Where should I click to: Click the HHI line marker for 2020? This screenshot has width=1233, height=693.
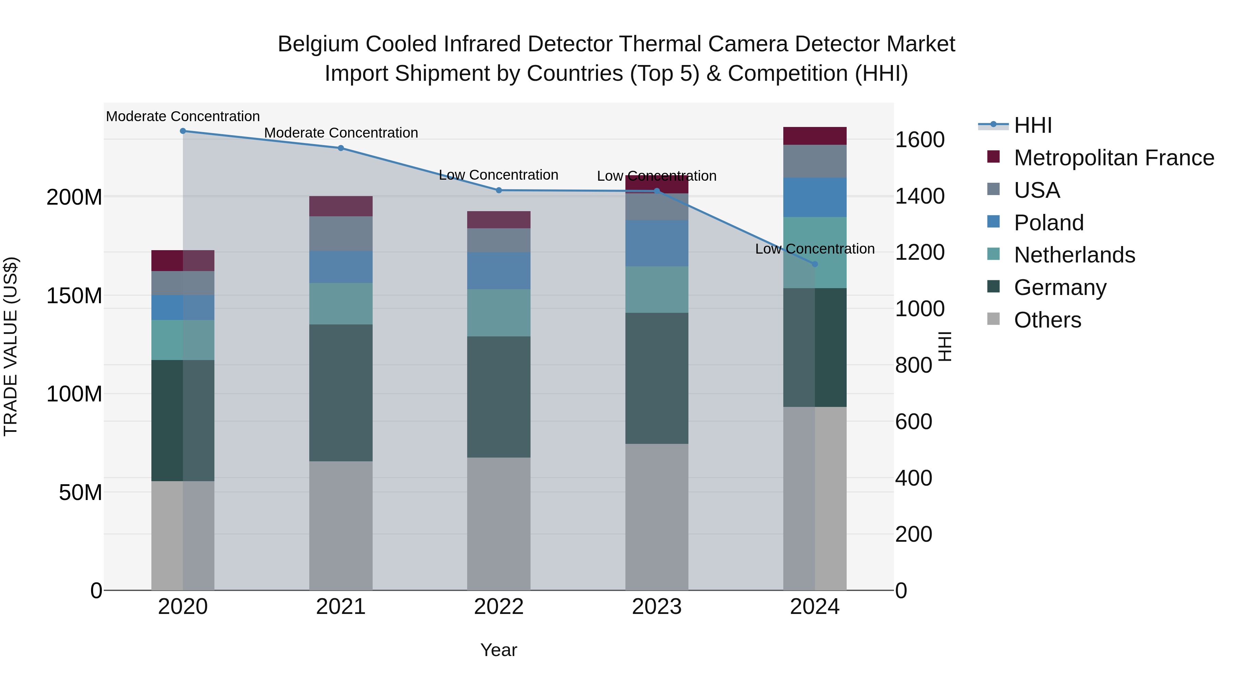click(183, 131)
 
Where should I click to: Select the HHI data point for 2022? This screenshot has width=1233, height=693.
click(499, 190)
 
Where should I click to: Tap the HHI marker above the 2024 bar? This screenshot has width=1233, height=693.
click(815, 264)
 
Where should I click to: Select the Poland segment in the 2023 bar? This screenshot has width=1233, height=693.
click(657, 243)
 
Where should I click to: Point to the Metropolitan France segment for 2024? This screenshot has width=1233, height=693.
click(815, 136)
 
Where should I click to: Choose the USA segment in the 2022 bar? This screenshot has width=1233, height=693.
click(499, 240)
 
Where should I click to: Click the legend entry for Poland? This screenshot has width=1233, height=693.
click(1048, 223)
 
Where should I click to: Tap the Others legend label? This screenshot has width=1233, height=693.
click(1047, 320)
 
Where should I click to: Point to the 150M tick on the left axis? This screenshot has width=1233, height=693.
click(74, 296)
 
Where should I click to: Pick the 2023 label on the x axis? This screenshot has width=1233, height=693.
click(657, 607)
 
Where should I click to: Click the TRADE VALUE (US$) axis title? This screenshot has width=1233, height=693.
click(11, 346)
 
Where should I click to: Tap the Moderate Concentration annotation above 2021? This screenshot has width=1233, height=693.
click(341, 133)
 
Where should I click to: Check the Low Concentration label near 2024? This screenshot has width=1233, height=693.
click(815, 249)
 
